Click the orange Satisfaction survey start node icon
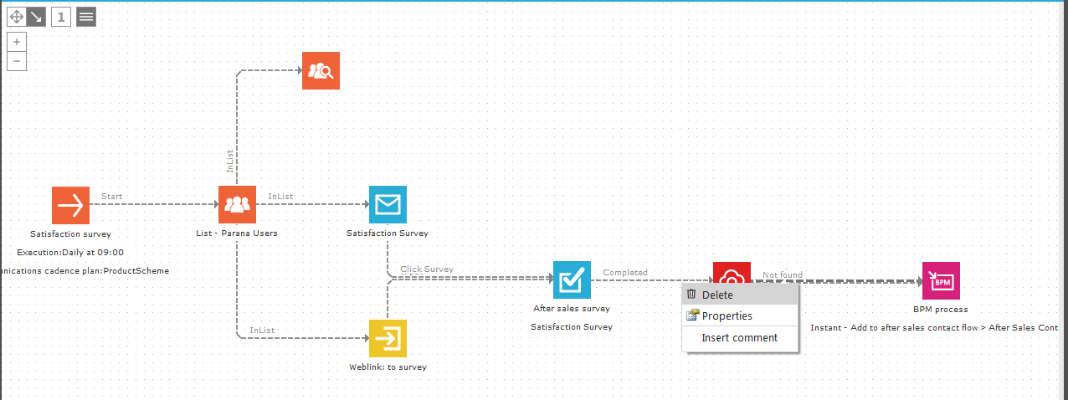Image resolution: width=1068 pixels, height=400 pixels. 70,205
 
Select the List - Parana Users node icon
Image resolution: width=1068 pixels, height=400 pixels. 237,205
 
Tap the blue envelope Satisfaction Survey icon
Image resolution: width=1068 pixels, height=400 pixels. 388,205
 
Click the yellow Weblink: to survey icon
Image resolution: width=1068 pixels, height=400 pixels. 388,338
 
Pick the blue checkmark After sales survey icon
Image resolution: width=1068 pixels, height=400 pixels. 572,279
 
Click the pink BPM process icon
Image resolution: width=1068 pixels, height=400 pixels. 941,280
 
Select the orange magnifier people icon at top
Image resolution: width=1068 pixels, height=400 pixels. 321,71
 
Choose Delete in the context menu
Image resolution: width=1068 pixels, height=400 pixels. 717,295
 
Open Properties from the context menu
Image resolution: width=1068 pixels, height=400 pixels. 727,316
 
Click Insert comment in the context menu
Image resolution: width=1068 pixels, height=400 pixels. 739,338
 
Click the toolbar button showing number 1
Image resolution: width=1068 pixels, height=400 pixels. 61,17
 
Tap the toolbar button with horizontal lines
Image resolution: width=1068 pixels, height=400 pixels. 86,17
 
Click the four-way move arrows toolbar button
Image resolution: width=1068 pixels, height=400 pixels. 17,17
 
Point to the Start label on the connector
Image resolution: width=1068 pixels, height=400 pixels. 111,197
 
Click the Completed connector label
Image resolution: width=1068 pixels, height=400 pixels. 625,273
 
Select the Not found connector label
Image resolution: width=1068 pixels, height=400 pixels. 782,274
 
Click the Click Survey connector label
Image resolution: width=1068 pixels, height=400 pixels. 427,269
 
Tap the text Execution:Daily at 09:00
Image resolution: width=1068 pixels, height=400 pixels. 70,252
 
